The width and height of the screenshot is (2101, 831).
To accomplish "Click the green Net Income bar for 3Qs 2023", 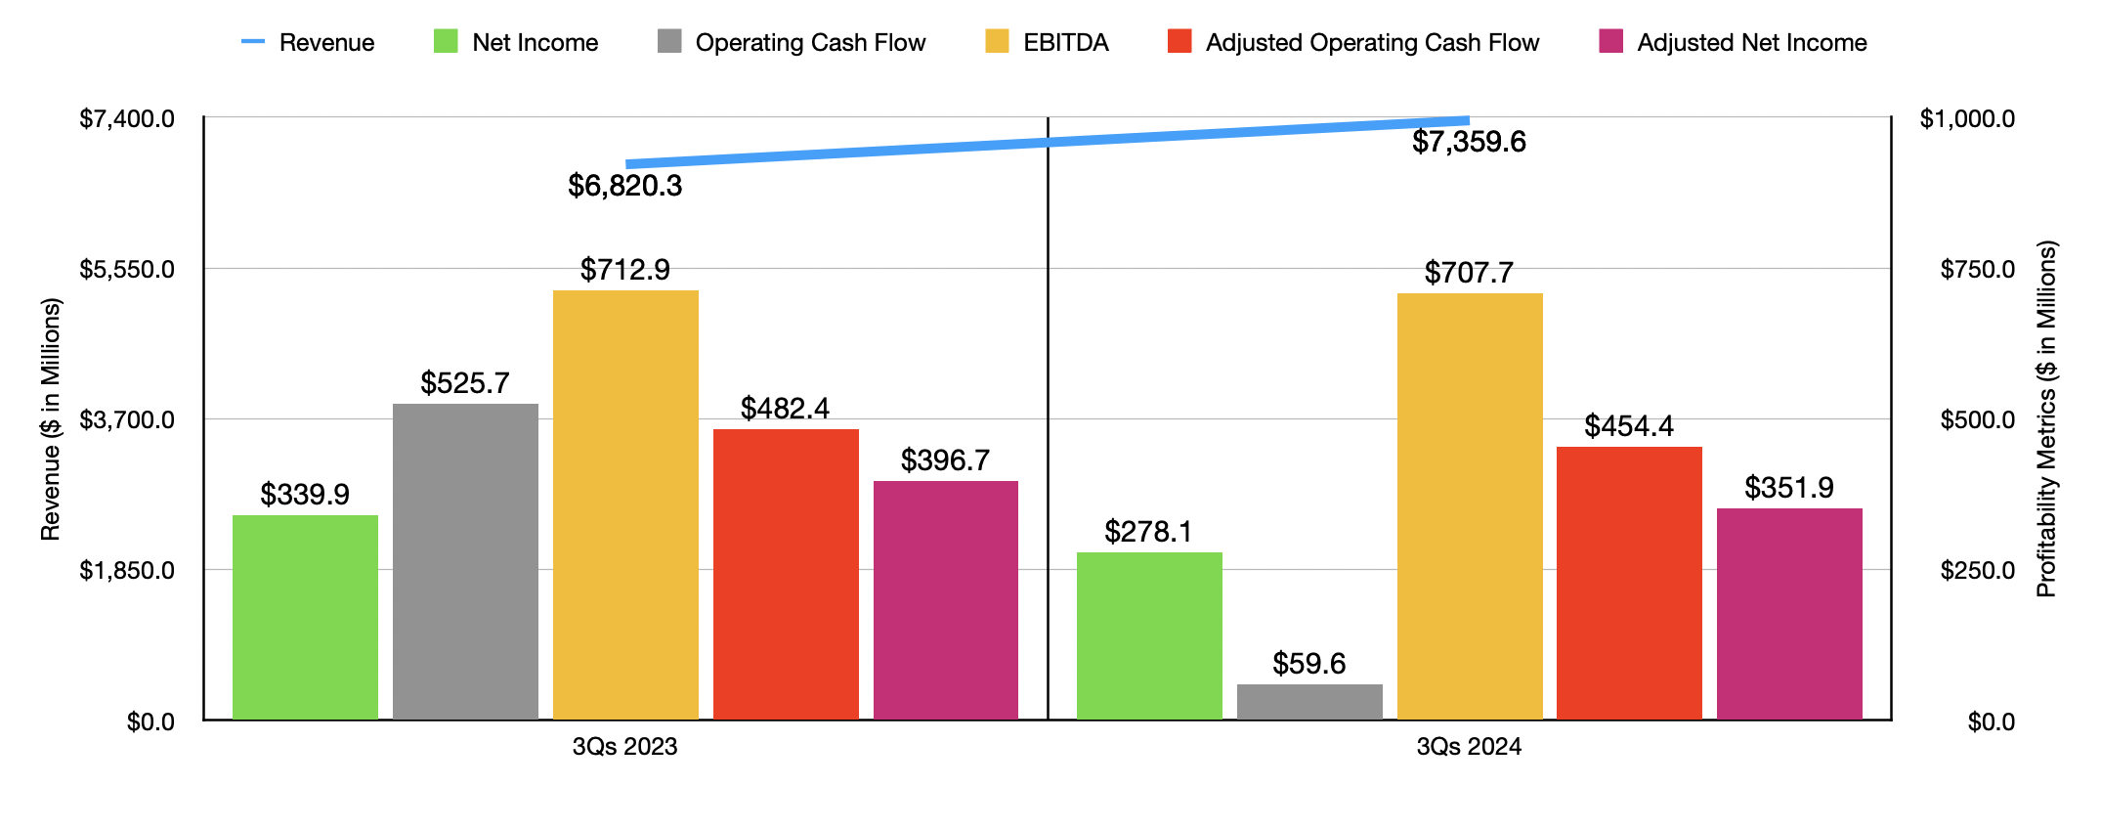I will click(305, 617).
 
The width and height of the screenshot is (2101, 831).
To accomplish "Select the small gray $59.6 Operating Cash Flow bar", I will click(1309, 702).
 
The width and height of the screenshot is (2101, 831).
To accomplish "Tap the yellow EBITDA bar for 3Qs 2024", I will click(1470, 506).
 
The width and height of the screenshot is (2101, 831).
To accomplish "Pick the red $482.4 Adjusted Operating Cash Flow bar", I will click(786, 574).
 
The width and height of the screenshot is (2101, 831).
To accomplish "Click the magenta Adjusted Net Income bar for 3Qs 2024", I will click(1789, 614).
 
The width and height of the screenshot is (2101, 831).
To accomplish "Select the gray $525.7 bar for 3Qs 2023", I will click(465, 561).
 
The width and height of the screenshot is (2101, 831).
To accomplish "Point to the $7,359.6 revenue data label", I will click(1469, 143).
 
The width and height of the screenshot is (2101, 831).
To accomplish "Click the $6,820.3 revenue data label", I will click(624, 186).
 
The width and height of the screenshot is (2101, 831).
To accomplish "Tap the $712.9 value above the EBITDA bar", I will click(624, 270).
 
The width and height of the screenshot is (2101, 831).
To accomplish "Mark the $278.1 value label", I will click(1148, 532).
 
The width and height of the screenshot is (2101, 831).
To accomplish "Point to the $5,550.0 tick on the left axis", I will click(127, 269).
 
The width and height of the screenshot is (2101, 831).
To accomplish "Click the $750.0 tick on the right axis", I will click(1977, 269).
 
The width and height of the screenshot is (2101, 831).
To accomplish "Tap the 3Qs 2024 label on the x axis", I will click(1469, 747).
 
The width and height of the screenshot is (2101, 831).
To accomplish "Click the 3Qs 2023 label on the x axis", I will click(624, 747).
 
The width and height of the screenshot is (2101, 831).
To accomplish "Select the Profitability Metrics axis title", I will click(2046, 418).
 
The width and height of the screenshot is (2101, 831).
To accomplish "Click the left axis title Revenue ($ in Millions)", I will click(51, 418).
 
